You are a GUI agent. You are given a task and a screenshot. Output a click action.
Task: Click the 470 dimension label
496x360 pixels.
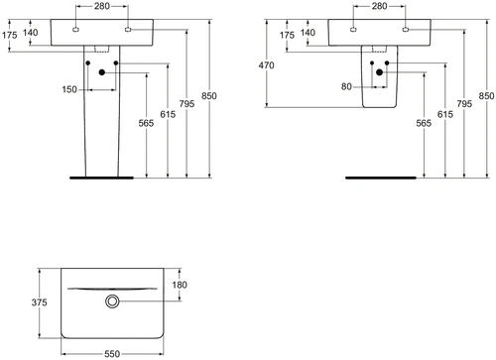click(266, 65)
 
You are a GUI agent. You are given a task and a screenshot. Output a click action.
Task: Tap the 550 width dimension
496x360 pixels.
click(112, 354)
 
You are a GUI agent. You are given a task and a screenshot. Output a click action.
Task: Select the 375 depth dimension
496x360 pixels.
click(39, 302)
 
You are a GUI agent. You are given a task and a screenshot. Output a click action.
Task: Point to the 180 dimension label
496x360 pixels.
click(180, 285)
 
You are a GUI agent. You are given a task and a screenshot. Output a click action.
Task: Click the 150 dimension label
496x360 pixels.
click(69, 89)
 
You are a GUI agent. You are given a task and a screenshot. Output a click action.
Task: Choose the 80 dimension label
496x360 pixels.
click(346, 86)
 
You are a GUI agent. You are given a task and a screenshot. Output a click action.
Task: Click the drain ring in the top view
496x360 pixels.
click(112, 301)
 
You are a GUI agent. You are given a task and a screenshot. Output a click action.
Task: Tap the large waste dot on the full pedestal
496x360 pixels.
click(102, 72)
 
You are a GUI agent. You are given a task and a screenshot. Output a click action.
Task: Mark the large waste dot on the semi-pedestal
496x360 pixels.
click(380, 72)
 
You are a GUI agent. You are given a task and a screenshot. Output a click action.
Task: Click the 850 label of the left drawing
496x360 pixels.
click(209, 96)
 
